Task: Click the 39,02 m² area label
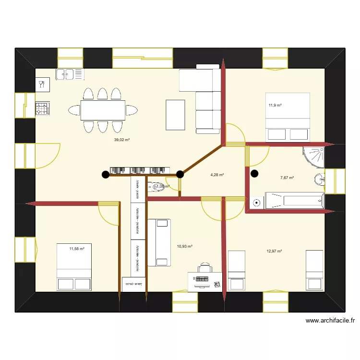(122, 140)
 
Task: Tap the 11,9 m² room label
(275, 105)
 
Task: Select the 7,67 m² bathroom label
(287, 178)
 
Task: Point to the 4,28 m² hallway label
(217, 175)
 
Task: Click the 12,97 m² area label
(275, 251)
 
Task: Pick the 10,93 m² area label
(185, 246)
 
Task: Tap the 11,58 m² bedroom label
(77, 249)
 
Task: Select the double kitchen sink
(70, 74)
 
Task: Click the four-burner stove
(42, 109)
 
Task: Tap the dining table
(102, 110)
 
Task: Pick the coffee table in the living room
(175, 114)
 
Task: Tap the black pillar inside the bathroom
(254, 174)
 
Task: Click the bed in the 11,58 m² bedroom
(74, 267)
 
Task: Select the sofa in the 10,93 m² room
(159, 242)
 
